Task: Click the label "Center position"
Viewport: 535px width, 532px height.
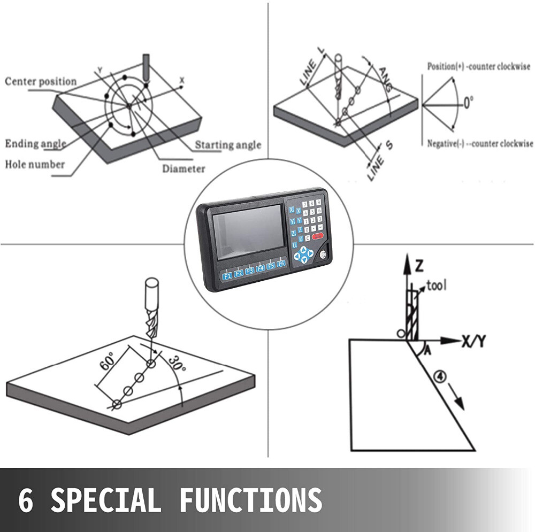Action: tap(41, 81)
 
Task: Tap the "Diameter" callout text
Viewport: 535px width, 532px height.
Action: tap(184, 168)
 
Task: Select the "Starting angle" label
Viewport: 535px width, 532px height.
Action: tap(228, 145)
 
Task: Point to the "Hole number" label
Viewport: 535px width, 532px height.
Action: tap(34, 164)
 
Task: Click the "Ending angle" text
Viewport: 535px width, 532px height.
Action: tap(35, 143)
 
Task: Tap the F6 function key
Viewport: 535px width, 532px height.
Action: tap(281, 264)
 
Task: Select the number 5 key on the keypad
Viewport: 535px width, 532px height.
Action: tap(312, 212)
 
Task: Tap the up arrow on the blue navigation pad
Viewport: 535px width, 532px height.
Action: tap(303, 250)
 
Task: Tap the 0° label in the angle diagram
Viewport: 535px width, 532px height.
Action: tap(468, 103)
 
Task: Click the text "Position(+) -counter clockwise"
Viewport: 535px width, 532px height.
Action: tap(478, 66)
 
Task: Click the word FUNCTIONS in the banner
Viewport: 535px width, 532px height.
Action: tap(251, 500)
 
